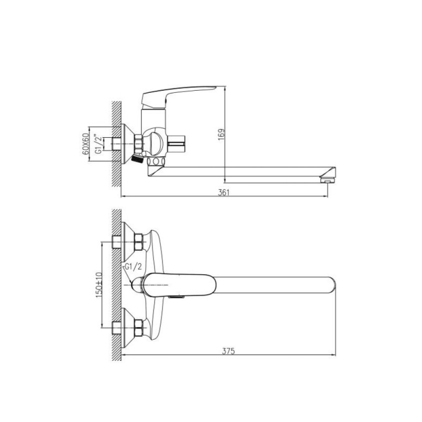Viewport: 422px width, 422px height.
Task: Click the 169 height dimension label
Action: click(221, 135)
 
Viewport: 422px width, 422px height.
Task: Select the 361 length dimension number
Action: click(224, 193)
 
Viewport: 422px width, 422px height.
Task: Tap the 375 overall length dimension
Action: click(228, 351)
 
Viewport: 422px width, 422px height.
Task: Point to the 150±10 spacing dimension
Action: click(99, 285)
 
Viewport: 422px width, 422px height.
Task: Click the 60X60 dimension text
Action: click(85, 143)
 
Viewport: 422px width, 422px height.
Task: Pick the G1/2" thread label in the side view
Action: click(99, 144)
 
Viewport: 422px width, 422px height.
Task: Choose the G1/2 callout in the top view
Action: click(133, 267)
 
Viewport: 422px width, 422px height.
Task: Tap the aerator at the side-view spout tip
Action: click(327, 179)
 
